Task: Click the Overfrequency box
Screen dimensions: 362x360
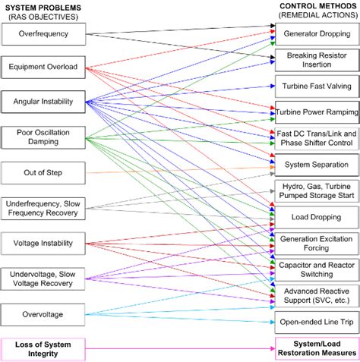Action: [x=43, y=34]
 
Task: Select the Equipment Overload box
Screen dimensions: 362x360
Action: [x=43, y=67]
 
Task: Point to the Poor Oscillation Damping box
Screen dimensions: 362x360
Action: [x=43, y=137]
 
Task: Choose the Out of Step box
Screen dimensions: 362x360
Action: [x=43, y=172]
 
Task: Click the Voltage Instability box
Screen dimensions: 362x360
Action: [x=43, y=244]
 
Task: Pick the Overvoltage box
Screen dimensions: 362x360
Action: [x=43, y=313]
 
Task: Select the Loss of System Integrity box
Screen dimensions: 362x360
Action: [x=43, y=349]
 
